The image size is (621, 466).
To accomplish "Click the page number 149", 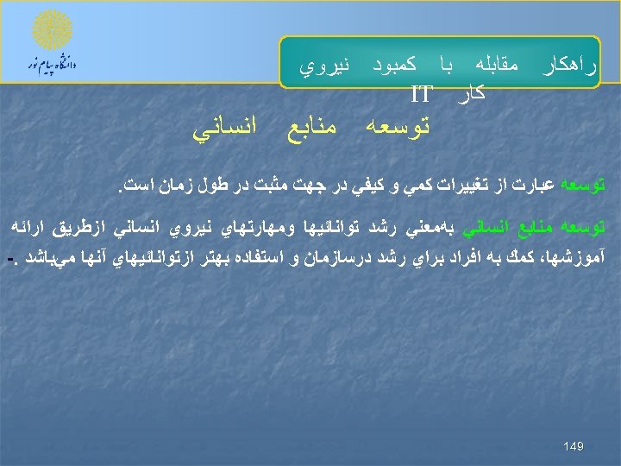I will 574,446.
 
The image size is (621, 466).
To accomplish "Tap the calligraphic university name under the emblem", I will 52,65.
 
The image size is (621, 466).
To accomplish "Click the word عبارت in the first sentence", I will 539,185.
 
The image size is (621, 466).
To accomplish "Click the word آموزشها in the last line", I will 584,258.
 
